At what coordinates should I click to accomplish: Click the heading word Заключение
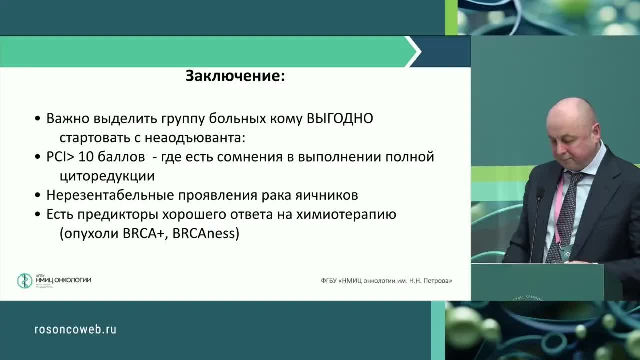point(235,76)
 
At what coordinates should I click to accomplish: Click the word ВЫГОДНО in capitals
point(340,119)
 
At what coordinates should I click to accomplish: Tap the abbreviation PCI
point(56,157)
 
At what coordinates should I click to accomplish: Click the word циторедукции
point(107,176)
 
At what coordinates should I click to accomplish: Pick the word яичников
point(332,195)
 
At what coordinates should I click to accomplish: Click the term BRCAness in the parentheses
point(203,234)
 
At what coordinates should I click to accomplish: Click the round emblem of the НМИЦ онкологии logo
point(24,281)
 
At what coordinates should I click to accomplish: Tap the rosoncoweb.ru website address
point(75,329)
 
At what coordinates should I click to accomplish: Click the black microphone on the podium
point(539,195)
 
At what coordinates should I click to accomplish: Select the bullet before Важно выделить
point(38,120)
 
